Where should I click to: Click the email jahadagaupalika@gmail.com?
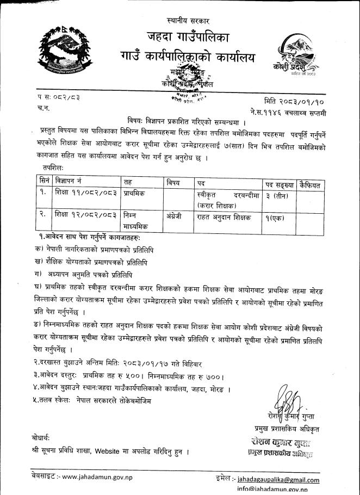pyautogui.click(x=286, y=479)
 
